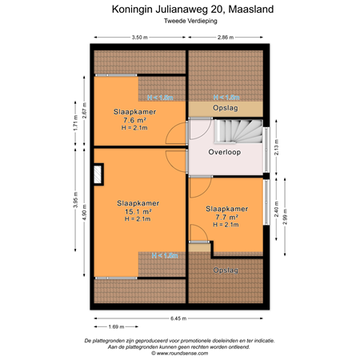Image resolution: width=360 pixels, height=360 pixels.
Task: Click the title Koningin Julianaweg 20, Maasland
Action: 179,10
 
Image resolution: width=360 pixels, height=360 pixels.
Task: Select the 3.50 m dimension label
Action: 141,37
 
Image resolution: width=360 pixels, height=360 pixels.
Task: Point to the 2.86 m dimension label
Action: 226,37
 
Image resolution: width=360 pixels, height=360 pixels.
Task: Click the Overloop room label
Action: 224,150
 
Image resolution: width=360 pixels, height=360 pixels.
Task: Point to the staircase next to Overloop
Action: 238,130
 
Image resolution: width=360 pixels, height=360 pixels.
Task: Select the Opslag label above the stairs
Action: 225,108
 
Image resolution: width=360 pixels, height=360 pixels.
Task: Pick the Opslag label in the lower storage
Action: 226,270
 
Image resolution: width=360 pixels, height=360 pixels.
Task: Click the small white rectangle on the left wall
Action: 98,174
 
